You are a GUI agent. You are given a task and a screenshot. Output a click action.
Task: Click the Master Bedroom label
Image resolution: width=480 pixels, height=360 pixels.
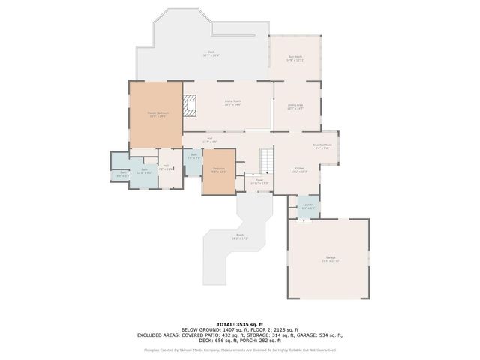[x=156, y=115]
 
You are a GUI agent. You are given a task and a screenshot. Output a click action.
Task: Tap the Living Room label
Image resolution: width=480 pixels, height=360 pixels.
[x=232, y=103]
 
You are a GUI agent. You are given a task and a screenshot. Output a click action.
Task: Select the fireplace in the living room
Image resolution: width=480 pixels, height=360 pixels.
[x=191, y=104]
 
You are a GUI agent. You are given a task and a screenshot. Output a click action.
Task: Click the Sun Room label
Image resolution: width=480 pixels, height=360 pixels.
[x=295, y=58]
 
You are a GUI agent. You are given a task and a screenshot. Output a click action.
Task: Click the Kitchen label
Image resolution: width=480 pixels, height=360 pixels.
[x=299, y=169]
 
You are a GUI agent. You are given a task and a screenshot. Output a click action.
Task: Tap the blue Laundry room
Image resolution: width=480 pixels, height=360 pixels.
[x=307, y=207]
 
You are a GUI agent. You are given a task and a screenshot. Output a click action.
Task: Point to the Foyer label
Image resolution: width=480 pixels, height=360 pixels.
[x=259, y=181]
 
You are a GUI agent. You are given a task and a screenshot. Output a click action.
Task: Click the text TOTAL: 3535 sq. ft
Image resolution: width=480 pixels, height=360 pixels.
[x=239, y=324]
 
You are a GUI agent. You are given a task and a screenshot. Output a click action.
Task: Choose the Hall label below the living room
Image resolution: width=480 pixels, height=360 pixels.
[x=211, y=139]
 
